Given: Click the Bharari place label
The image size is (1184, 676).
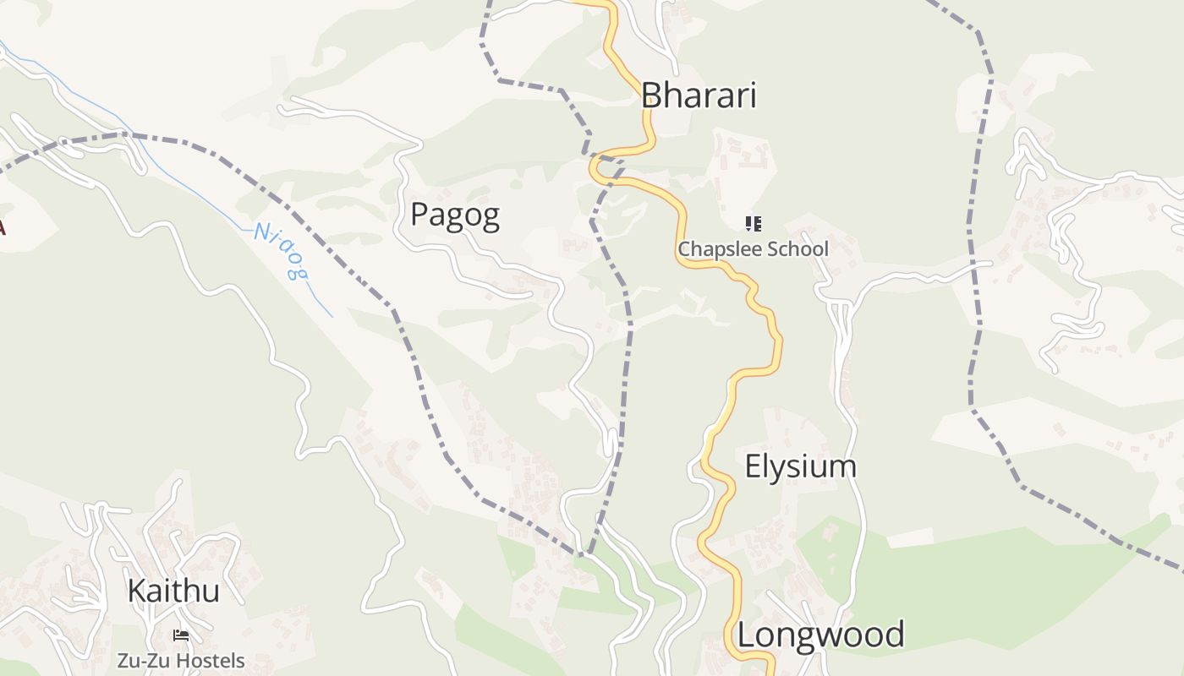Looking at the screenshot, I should [698, 95].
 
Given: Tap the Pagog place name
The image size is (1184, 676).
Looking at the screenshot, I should [455, 215].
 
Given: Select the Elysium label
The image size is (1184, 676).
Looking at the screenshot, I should [800, 466].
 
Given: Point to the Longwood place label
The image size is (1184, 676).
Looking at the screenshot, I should [821, 635].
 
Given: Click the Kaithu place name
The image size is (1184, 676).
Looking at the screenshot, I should [173, 591].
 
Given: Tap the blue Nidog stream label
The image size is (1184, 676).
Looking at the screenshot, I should [280, 251].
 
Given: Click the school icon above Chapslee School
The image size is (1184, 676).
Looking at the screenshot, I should [753, 224].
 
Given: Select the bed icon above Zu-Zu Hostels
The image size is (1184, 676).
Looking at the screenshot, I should [181, 635].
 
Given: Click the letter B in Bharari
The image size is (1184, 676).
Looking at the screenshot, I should [650, 95].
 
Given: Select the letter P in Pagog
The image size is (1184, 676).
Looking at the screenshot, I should [419, 215].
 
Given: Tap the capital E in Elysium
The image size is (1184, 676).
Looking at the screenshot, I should [753, 466].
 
